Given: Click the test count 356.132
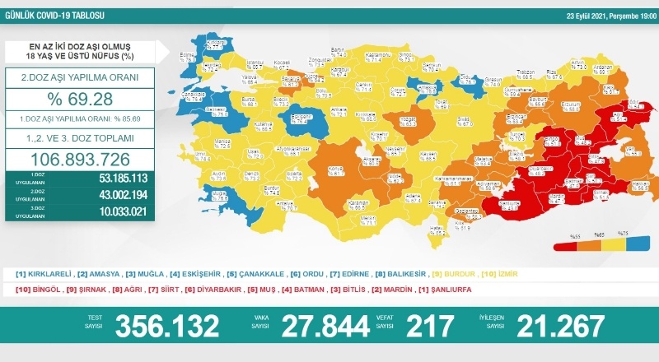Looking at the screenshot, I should (167, 326).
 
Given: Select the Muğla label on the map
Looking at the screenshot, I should (218, 194).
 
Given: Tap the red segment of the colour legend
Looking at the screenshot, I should (568, 245).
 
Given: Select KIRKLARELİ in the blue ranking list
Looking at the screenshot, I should (47, 273).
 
